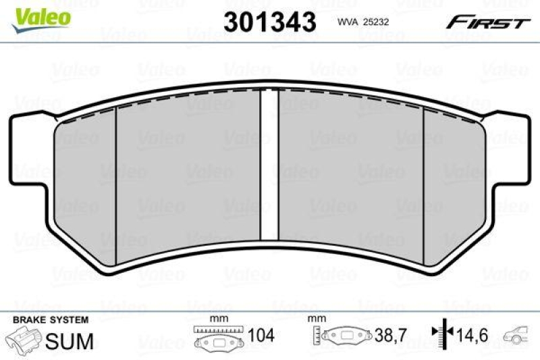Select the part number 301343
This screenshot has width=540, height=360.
pyautogui.click(x=269, y=22)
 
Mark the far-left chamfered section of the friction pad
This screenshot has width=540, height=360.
pyautogui.click(x=85, y=182)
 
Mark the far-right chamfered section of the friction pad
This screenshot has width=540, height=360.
pyautogui.click(x=454, y=182)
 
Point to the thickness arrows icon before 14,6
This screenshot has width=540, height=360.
pyautogui.click(x=443, y=333)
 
